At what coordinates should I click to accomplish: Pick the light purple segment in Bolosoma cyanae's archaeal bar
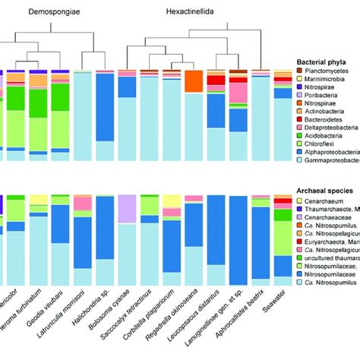pyautogui.click(x=128, y=210)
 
